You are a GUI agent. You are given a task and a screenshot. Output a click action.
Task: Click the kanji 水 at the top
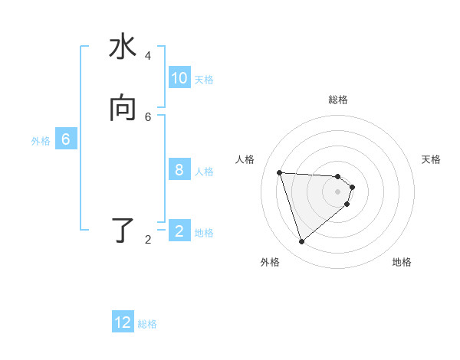tap(123, 47)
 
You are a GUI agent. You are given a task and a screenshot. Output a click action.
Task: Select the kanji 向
tap(123, 108)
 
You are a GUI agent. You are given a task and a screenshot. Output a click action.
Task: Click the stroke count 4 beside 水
tap(148, 56)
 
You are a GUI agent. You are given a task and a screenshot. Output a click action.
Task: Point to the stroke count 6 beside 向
tap(148, 116)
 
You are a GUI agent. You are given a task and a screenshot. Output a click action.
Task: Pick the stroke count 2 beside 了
tap(148, 240)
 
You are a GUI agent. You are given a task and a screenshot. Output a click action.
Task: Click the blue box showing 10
tap(179, 78)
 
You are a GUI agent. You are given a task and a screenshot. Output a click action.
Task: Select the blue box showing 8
tap(179, 170)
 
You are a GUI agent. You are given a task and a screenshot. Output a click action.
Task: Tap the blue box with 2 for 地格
tap(179, 231)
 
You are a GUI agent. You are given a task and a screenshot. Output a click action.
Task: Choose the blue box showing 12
tap(123, 322)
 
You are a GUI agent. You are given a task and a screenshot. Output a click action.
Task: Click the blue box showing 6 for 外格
tap(66, 139)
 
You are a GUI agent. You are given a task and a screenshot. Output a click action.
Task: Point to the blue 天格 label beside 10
tap(204, 79)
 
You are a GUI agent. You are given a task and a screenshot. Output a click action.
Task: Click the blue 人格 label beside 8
tap(205, 171)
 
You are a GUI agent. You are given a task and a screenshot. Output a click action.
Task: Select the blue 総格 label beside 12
tap(147, 323)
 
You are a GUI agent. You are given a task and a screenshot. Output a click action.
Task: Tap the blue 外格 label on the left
tap(41, 140)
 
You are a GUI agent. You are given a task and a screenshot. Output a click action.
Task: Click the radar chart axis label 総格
tap(338, 100)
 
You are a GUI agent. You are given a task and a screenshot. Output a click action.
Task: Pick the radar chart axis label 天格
tap(431, 159)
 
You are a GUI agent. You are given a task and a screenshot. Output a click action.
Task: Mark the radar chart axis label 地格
tap(402, 262)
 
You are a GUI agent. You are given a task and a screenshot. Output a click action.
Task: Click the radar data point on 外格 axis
tap(301, 242)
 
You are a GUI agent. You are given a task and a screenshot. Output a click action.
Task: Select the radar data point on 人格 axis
tap(279, 172)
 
